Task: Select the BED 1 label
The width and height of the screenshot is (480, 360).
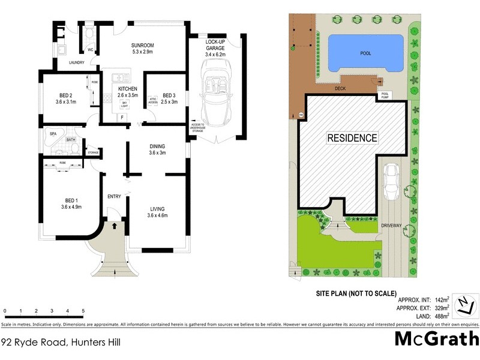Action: (71, 204)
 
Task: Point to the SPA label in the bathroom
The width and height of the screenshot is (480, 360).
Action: (53, 133)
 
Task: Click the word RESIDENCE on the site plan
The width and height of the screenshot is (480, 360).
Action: (352, 138)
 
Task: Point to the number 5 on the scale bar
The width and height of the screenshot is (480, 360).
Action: (83, 311)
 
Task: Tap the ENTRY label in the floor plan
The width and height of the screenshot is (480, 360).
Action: (114, 197)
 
